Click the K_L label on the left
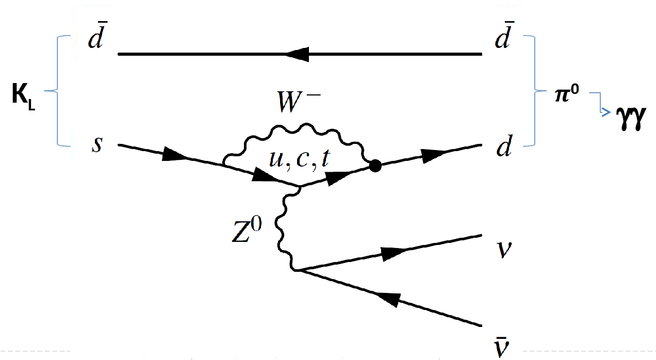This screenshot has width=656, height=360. [x=24, y=97]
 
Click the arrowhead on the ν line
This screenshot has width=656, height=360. [x=395, y=253]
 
